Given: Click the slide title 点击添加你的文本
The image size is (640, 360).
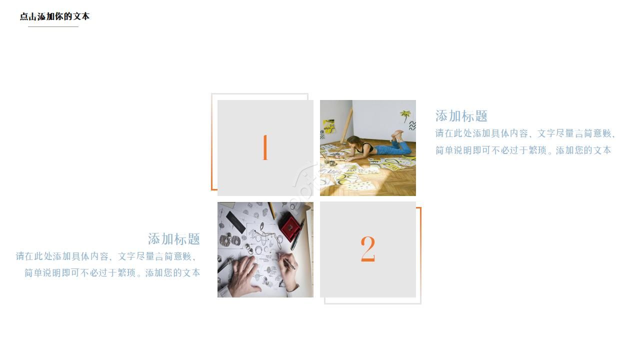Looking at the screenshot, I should coord(54,16).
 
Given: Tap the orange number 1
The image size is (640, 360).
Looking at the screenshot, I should coord(265,148).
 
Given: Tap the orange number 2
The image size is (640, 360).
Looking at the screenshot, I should coord(367,249).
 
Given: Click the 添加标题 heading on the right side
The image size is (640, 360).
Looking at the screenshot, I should coord(461,116).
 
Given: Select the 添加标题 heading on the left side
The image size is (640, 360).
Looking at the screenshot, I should coord(174,239).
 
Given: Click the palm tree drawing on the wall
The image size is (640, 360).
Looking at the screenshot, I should coord(405,116).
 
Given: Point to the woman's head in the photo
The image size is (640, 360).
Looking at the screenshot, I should coord(354,141).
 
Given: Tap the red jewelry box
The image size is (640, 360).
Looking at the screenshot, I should coord(289,226).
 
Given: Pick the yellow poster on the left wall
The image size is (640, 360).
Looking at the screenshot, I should coord(328,126).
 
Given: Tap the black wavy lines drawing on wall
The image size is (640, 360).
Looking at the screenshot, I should coord(412,125).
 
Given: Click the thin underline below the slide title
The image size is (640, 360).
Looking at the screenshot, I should coord(53,26).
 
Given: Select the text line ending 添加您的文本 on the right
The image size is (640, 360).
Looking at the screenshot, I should coord(523,150).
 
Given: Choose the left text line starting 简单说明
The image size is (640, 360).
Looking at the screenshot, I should coord(112,273).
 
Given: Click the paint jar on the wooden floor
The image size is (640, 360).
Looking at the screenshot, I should coord(331,163).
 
